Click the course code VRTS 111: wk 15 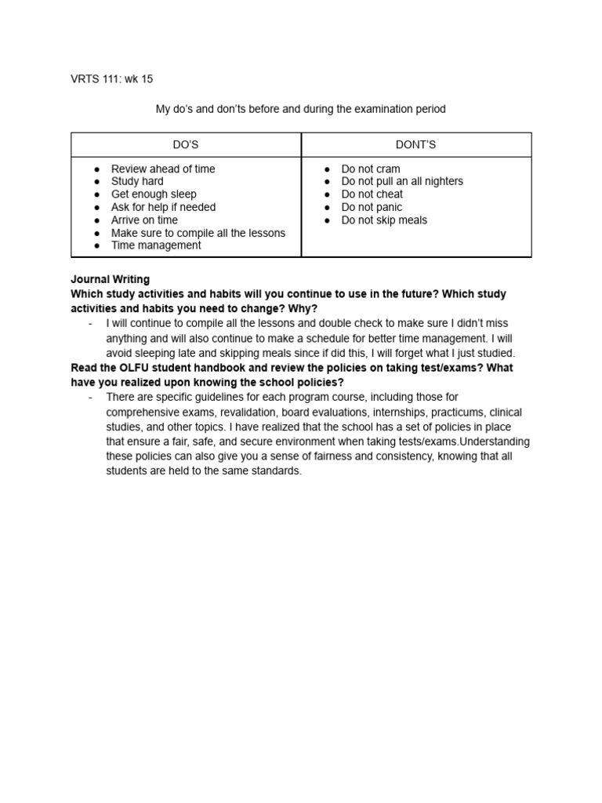pyautogui.click(x=118, y=79)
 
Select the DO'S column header pyautogui.click(x=186, y=145)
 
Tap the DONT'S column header pyautogui.click(x=416, y=145)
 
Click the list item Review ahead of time pyautogui.click(x=163, y=169)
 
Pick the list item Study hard pyautogui.click(x=137, y=181)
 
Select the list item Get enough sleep pyautogui.click(x=154, y=194)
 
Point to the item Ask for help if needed pyautogui.click(x=163, y=207)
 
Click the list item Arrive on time pyautogui.click(x=144, y=220)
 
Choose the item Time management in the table pyautogui.click(x=156, y=245)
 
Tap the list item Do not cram pyautogui.click(x=371, y=169)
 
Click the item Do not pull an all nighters pyautogui.click(x=402, y=181)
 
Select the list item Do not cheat pyautogui.click(x=372, y=194)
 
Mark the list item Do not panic pyautogui.click(x=372, y=207)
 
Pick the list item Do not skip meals pyautogui.click(x=384, y=220)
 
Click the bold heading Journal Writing pyautogui.click(x=111, y=279)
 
